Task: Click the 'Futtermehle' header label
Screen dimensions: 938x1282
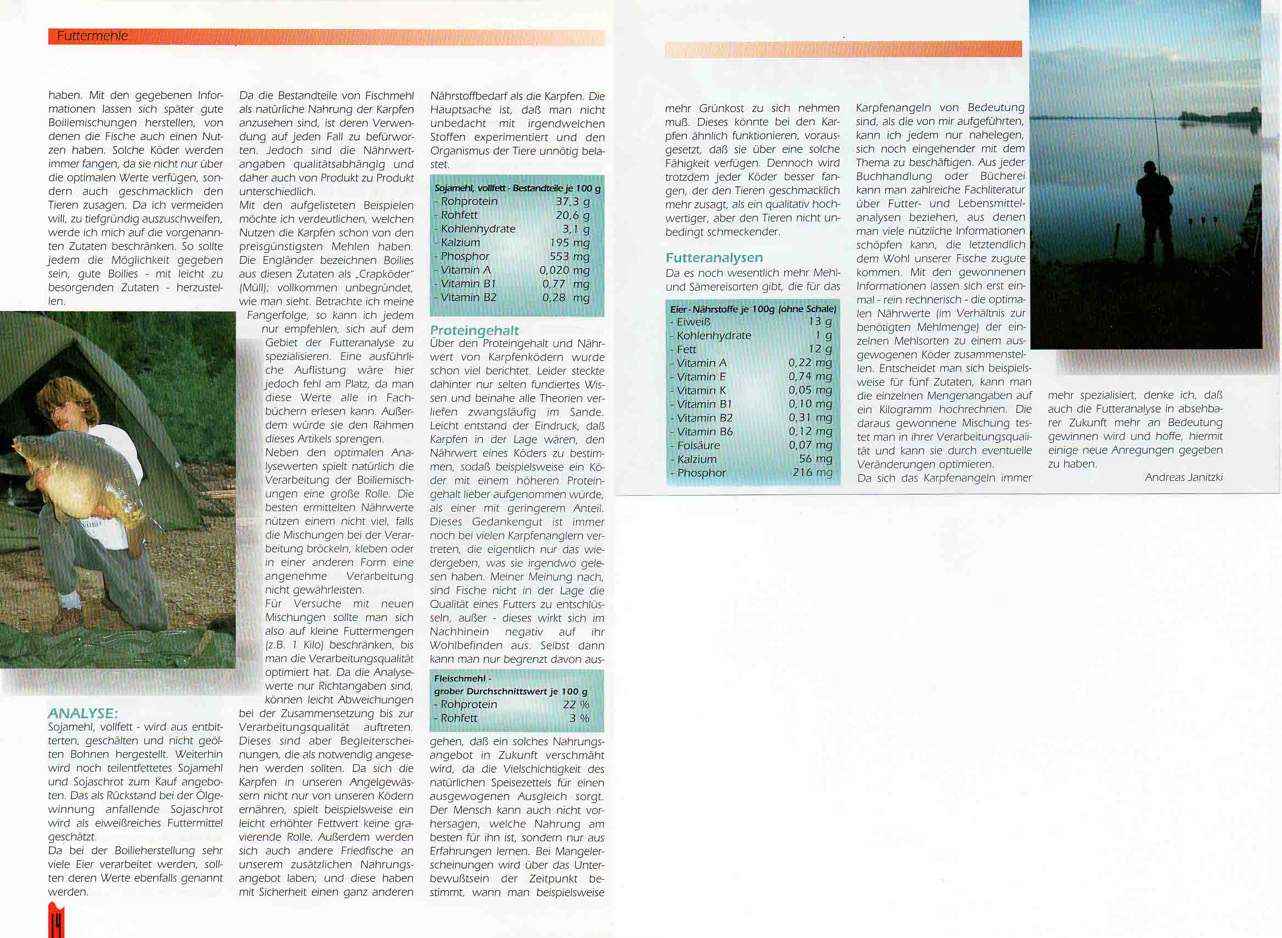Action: (92, 36)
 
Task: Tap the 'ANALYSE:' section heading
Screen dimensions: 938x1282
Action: (83, 713)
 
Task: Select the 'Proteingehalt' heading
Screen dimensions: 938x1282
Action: (474, 330)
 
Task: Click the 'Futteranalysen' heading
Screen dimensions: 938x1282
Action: (714, 258)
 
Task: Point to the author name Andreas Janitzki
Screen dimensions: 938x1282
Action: (1183, 478)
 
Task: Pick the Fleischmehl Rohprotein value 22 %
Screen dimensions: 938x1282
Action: (576, 704)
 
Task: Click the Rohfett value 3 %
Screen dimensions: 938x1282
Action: (579, 718)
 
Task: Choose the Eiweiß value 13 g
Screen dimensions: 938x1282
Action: (820, 322)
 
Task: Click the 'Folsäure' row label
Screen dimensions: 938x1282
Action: (698, 446)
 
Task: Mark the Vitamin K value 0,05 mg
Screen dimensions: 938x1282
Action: (810, 391)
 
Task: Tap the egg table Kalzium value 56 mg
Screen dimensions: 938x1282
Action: (816, 459)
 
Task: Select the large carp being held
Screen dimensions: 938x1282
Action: (74, 477)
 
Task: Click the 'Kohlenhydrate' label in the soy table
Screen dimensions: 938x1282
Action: (478, 229)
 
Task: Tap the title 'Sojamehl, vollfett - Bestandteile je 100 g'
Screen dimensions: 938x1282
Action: (517, 188)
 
